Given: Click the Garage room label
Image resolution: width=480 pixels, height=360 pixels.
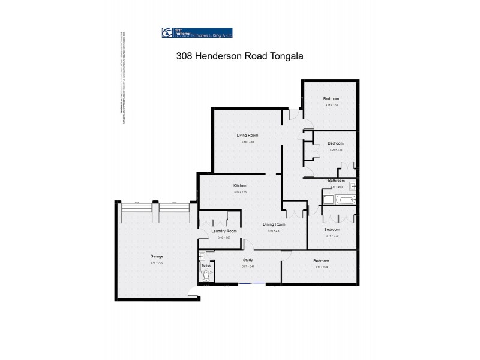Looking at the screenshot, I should point(157,256).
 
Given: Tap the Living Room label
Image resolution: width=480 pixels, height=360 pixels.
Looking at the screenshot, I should point(248,136).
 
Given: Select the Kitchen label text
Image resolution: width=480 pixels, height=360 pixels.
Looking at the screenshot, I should point(240,186).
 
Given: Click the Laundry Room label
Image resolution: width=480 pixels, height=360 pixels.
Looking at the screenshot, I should point(224,231).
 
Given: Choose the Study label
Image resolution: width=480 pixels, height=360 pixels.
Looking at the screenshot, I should point(248,260).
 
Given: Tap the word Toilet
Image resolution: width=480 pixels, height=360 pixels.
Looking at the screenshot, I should point(206,266).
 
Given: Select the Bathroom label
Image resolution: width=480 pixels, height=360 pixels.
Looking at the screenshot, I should point(336,181).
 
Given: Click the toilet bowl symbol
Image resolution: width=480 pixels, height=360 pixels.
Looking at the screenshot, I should point(206,275).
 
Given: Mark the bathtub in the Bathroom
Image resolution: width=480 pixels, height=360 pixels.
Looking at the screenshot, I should point(346,199).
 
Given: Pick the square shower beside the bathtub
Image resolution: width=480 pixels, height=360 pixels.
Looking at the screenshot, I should point(328,199).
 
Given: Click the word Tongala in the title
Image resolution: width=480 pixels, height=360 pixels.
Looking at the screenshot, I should point(285,56).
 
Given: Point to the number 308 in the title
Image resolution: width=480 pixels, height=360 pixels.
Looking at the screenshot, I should point(185,56).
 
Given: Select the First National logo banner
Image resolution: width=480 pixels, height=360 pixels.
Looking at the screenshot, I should point(197,33).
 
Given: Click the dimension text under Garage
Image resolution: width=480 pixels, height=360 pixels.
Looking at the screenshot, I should point(157,263).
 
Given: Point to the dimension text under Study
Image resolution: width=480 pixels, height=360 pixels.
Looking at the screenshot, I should point(248,266).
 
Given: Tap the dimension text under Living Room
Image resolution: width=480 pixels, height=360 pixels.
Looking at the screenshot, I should point(248,142).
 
